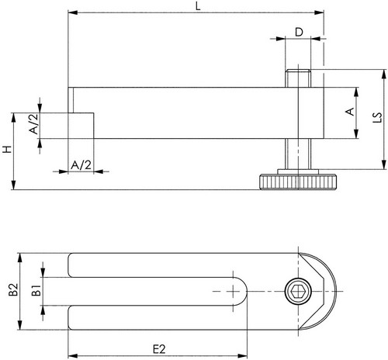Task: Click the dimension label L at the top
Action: [x=198, y=6]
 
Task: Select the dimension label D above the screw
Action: [x=299, y=33]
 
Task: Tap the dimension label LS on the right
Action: [x=378, y=117]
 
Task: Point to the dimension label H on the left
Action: [x=8, y=150]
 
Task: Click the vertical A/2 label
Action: [x=34, y=123]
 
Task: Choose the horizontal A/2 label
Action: [x=81, y=165]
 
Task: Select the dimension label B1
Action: [x=36, y=290]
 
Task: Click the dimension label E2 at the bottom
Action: [x=159, y=349]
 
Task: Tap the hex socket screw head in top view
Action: [x=298, y=292]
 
